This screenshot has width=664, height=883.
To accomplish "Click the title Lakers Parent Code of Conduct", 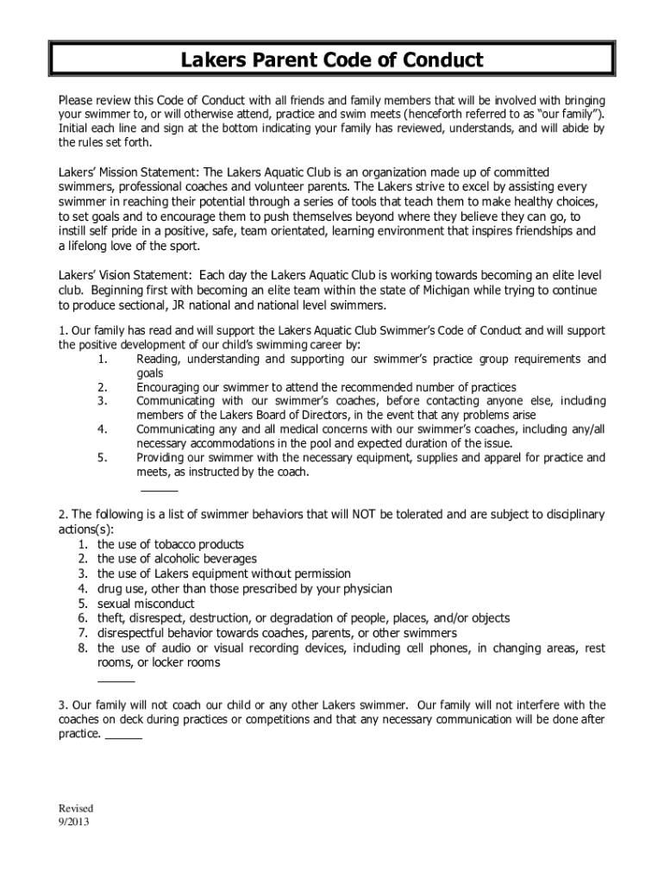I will tap(332, 60).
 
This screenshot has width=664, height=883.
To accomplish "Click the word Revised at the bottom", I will tap(75, 808).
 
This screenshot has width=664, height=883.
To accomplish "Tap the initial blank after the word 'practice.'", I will tap(123, 739).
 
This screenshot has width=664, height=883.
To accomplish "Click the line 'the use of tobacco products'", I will tap(170, 545).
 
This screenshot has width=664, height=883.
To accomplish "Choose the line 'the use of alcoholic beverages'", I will tap(177, 560).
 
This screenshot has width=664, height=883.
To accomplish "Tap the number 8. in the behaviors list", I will tap(83, 648).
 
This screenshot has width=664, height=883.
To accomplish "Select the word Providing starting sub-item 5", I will tap(163, 457).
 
